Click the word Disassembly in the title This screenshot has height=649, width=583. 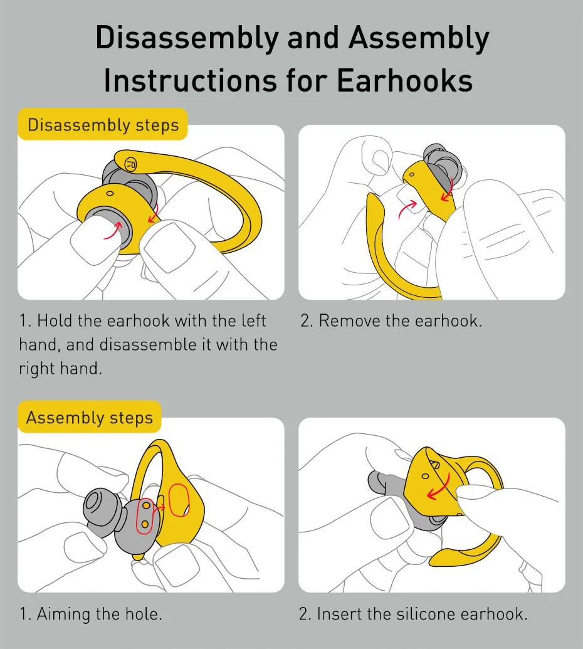coord(186,39)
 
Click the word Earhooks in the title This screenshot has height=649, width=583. coord(404,81)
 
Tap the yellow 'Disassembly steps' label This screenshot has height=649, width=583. coord(103,125)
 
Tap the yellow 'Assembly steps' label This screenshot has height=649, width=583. coord(90,418)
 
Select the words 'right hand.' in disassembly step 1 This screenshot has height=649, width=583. coord(60,368)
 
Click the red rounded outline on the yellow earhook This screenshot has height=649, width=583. coord(179,500)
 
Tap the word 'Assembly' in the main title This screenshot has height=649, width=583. coord(418,39)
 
